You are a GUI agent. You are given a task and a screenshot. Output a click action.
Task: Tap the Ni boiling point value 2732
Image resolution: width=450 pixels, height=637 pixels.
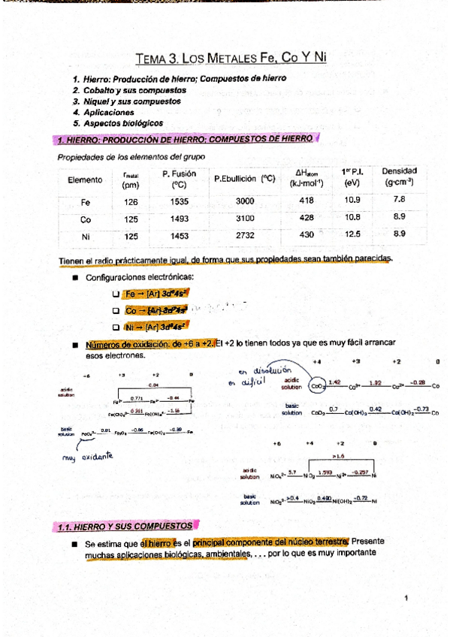245,235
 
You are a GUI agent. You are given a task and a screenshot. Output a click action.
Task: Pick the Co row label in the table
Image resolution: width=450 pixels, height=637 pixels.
85,219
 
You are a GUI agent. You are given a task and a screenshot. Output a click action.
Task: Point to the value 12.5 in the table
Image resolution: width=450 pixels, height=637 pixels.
352,234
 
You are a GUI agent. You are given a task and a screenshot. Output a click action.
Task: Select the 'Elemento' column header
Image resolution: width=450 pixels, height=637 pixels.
85,180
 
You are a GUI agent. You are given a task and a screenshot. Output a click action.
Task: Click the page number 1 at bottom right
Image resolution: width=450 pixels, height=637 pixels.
404,598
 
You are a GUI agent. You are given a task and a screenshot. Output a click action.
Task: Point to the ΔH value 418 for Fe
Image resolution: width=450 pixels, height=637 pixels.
307,201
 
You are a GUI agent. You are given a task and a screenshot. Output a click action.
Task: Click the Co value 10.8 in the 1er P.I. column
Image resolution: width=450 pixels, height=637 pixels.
352,217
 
